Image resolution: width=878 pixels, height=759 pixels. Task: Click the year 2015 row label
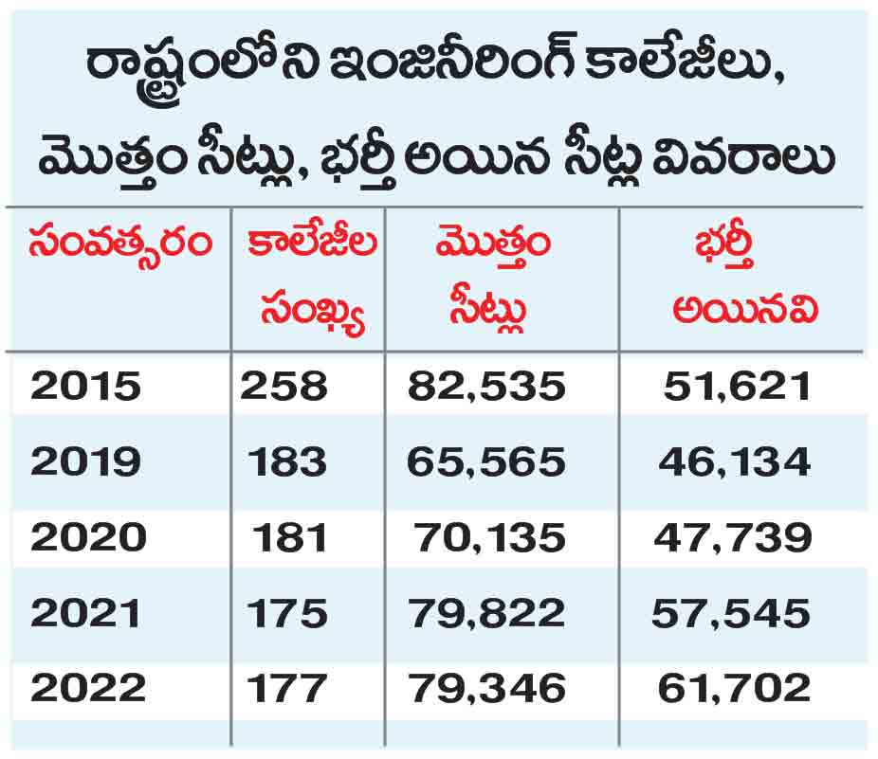point(85,387)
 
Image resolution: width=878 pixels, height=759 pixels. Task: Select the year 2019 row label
point(85,462)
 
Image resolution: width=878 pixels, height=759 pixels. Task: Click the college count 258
point(284,387)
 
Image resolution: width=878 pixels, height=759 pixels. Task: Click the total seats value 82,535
point(486,388)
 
